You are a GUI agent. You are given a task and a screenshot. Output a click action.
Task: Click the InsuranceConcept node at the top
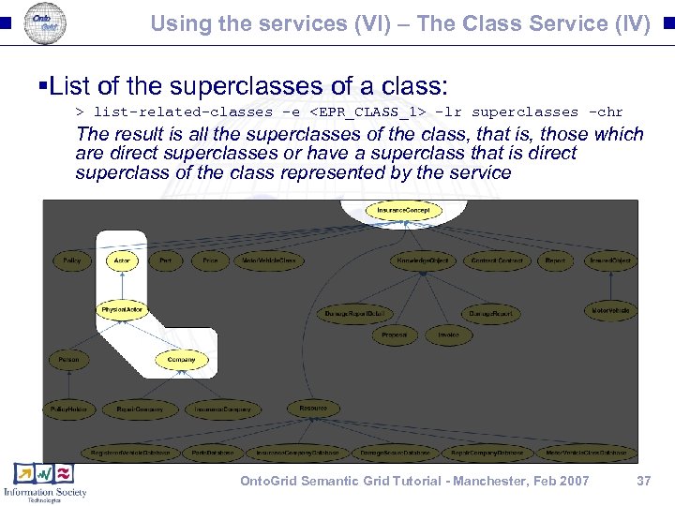(403, 211)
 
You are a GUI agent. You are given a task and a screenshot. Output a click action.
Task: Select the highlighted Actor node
(122, 260)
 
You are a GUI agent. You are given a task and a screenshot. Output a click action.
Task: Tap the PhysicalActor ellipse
(122, 309)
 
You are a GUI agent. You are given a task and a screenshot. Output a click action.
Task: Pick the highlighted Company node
(181, 359)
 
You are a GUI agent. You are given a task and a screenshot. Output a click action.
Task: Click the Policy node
(71, 260)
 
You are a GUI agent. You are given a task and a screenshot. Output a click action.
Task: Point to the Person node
(68, 359)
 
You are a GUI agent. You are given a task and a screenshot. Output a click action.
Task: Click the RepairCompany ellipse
(140, 409)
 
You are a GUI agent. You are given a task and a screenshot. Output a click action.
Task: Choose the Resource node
(313, 408)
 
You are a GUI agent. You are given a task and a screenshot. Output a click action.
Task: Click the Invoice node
(448, 335)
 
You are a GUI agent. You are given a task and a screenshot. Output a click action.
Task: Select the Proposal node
(394, 335)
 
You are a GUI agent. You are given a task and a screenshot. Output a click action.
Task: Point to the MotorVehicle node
(609, 310)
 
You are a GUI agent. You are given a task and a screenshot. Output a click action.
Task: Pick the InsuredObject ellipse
(609, 260)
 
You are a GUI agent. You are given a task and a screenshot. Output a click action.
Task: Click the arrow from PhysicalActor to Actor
(122, 285)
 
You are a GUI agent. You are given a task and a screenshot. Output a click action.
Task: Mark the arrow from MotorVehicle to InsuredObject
(609, 285)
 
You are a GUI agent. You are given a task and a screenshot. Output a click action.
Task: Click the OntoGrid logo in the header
(44, 22)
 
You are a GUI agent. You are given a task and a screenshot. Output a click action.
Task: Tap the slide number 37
(643, 481)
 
